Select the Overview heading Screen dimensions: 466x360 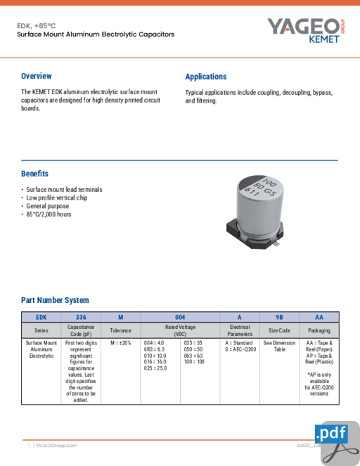pyautogui.click(x=36, y=76)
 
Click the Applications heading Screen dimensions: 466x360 pyautogui.click(x=205, y=77)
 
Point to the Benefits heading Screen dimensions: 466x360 pyautogui.click(x=34, y=174)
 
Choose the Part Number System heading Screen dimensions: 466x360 pyautogui.click(x=55, y=300)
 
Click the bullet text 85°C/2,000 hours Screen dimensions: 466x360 pyautogui.click(x=49, y=214)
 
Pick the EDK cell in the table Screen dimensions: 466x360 pyautogui.click(x=41, y=317)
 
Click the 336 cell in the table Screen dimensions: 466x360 pyautogui.click(x=81, y=317)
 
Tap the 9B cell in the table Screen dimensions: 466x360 pyautogui.click(x=279, y=317)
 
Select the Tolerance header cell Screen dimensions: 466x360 pyautogui.click(x=120, y=330)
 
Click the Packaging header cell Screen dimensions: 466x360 pyautogui.click(x=319, y=330)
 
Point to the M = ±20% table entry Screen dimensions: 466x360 pyautogui.click(x=120, y=343)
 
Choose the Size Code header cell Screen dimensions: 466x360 pyautogui.click(x=279, y=330)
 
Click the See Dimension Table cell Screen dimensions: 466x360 pyautogui.click(x=279, y=346)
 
